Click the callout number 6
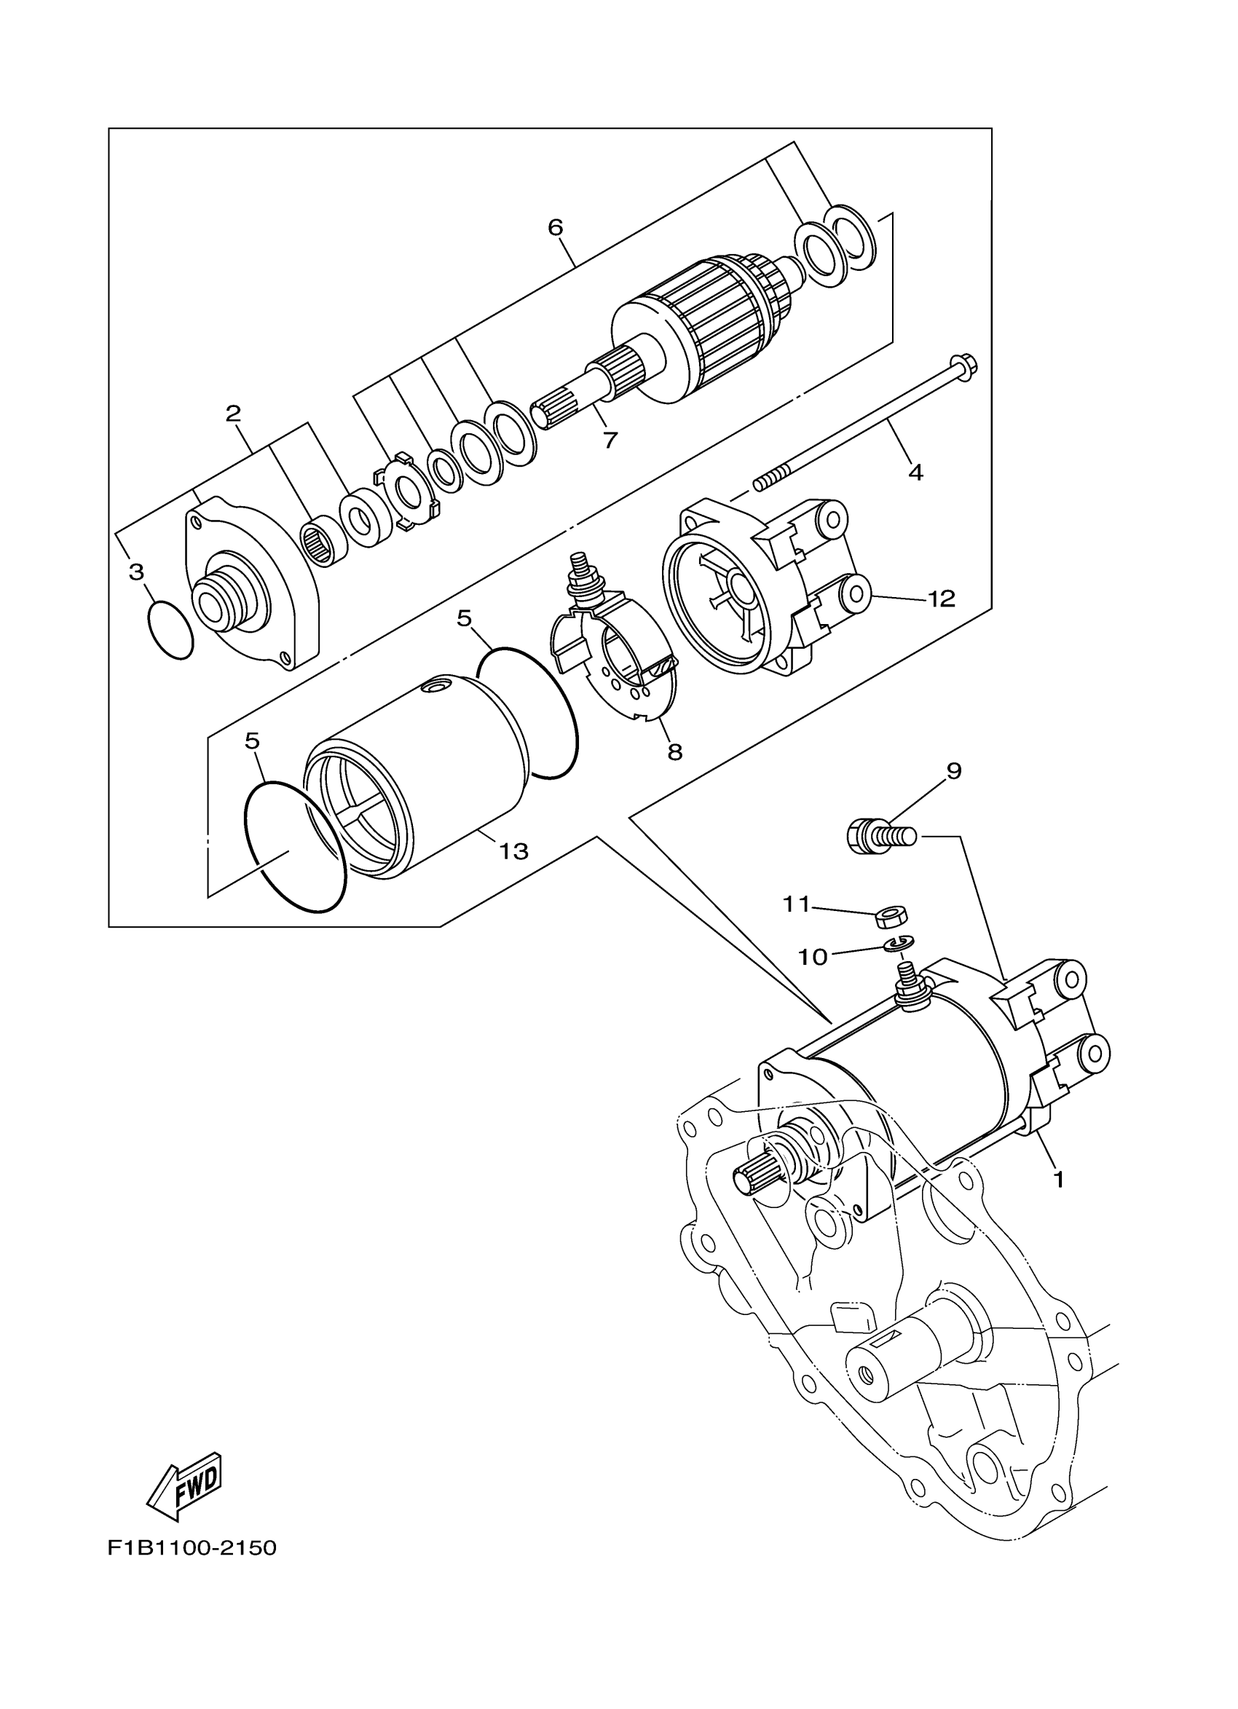[556, 228]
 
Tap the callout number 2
[233, 413]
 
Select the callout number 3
[136, 572]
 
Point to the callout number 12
[942, 599]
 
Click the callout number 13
[514, 851]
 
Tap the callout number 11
[796, 904]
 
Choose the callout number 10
[813, 957]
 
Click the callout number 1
[1059, 1180]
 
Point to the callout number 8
[674, 751]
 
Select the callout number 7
[610, 440]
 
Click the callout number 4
[915, 473]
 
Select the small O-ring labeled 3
[170, 631]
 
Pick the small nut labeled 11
[891, 917]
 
